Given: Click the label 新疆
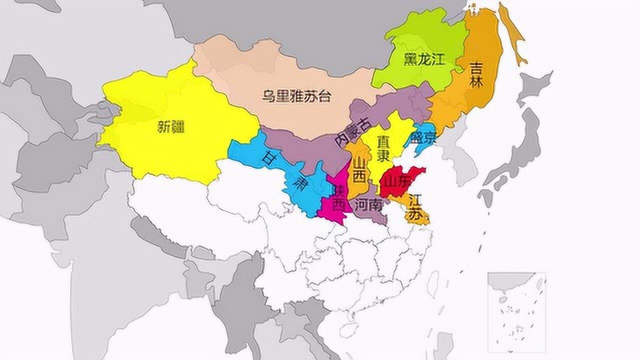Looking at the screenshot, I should pyautogui.click(x=171, y=127).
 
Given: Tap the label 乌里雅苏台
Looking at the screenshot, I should pyautogui.click(x=296, y=96).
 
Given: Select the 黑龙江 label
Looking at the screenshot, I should pyautogui.click(x=424, y=60).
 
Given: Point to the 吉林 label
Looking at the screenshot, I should pyautogui.click(x=476, y=75).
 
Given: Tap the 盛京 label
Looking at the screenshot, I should pyautogui.click(x=422, y=137).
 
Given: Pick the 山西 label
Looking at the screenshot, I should pyautogui.click(x=359, y=170).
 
